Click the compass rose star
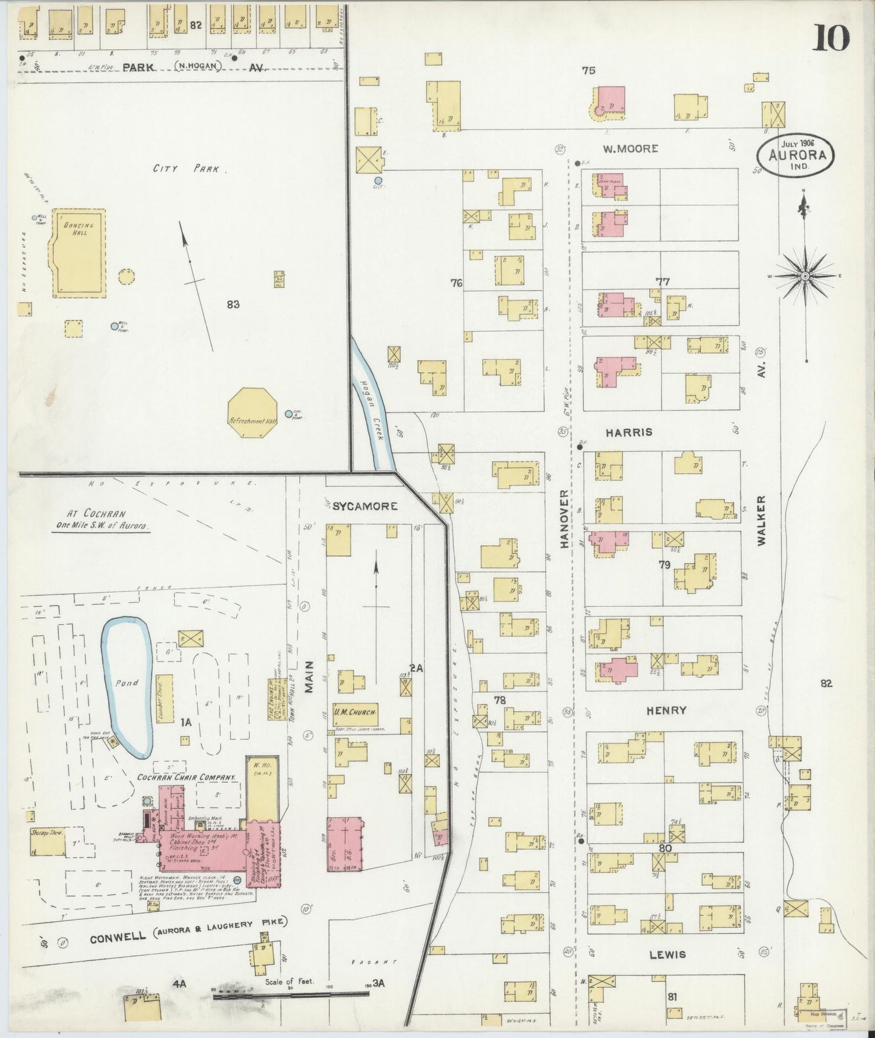805,276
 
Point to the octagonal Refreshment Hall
253,411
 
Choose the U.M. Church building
355,713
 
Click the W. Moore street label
630,148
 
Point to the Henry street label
666,710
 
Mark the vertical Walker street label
761,520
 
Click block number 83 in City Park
233,304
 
